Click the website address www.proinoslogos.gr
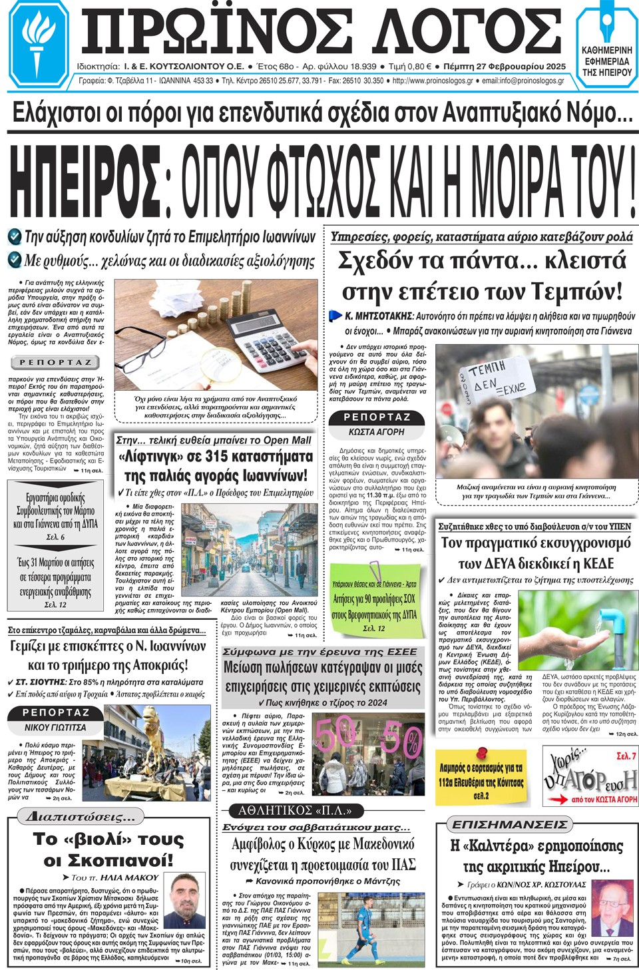click(x=433, y=81)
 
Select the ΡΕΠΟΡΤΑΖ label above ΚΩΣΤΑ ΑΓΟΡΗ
click(x=377, y=417)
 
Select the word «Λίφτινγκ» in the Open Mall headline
click(x=150, y=457)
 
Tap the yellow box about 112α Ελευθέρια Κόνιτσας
click(x=481, y=776)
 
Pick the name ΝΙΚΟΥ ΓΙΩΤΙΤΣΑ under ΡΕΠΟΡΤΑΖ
click(x=55, y=728)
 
